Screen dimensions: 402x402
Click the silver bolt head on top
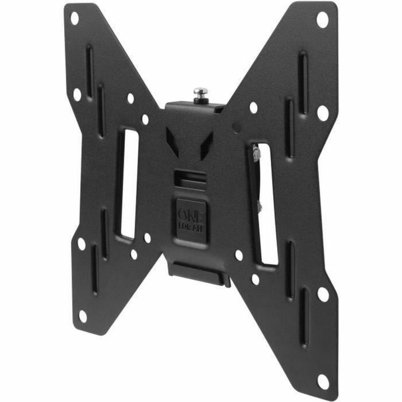pyautogui.click(x=200, y=91)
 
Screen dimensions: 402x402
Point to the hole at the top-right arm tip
pyautogui.click(x=322, y=20)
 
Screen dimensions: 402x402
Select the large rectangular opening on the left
pyautogui.click(x=128, y=184)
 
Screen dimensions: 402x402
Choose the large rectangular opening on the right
pyautogui.click(x=265, y=204)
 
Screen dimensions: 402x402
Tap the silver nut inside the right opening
pyautogui.click(x=255, y=154)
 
